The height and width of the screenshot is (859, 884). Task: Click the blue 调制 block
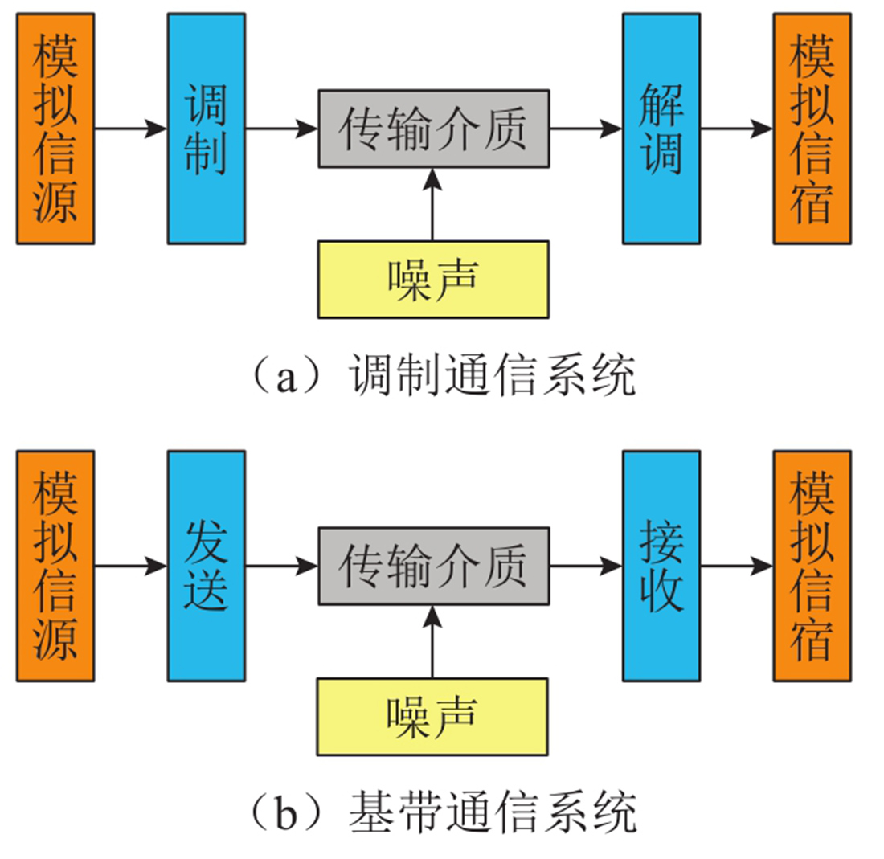pyautogui.click(x=207, y=129)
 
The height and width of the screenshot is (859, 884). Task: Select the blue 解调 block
pyautogui.click(x=661, y=129)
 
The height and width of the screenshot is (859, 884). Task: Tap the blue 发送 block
pyautogui.click(x=207, y=566)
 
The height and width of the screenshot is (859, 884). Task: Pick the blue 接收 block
pyautogui.click(x=661, y=566)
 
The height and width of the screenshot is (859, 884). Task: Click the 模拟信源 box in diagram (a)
pyautogui.click(x=55, y=129)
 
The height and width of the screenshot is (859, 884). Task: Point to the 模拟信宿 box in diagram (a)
pyautogui.click(x=812, y=129)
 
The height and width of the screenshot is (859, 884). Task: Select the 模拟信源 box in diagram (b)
pyautogui.click(x=55, y=566)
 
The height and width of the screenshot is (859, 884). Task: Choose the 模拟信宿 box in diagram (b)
pyautogui.click(x=812, y=566)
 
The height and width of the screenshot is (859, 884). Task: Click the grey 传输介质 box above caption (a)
pyautogui.click(x=434, y=129)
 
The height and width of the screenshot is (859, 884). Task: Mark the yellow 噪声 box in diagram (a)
pyautogui.click(x=434, y=279)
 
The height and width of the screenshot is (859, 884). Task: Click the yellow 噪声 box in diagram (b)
pyautogui.click(x=434, y=716)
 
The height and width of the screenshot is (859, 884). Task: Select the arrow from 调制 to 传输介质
pyautogui.click(x=281, y=129)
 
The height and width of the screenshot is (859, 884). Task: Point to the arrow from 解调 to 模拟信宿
pyautogui.click(x=736, y=129)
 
